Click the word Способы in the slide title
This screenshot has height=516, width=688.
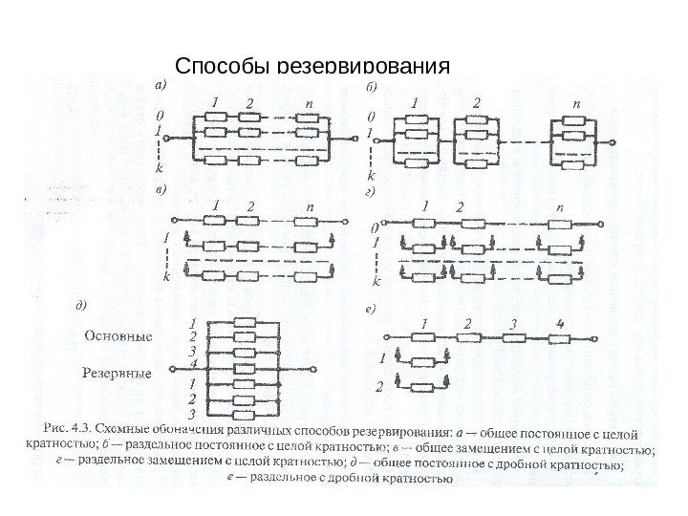click(x=223, y=68)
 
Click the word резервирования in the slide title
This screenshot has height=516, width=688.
click(x=362, y=69)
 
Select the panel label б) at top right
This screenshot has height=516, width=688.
click(x=373, y=87)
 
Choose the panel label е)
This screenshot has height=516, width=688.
click(x=374, y=309)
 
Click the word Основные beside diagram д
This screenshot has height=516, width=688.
click(x=118, y=336)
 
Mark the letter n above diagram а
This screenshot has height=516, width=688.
click(x=308, y=101)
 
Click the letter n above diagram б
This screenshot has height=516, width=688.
click(x=576, y=101)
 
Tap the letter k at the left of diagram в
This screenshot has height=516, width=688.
click(x=167, y=276)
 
